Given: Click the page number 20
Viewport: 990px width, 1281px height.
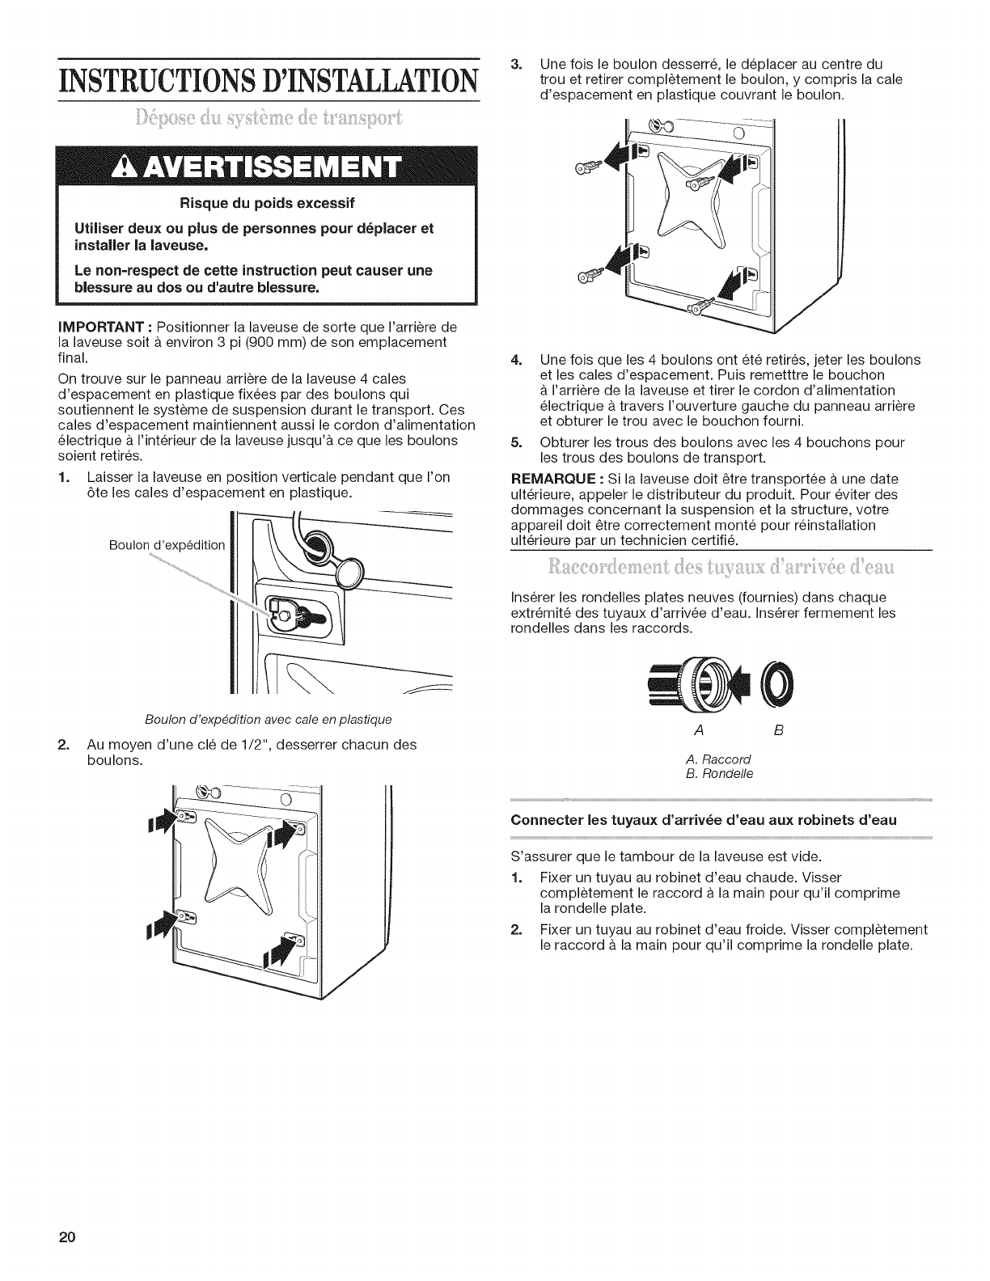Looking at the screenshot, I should [66, 1238].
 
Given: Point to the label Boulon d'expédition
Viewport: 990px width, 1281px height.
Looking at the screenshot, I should [167, 544].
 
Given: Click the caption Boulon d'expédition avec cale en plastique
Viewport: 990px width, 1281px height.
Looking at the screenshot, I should [269, 719].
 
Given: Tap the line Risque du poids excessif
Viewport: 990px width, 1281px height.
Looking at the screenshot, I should [268, 201].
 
